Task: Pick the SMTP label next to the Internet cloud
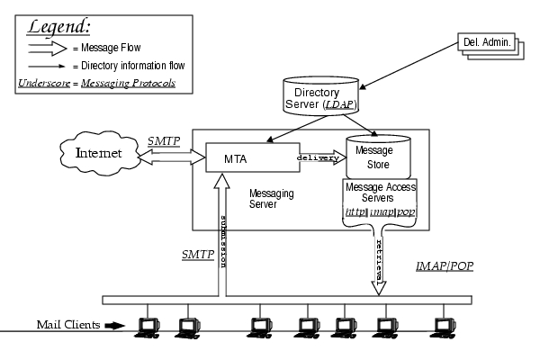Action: pos(164,140)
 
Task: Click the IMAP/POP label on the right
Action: pos(445,267)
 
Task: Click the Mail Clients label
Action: pos(67,324)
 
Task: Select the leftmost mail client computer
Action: pos(144,326)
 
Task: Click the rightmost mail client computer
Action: pos(442,326)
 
